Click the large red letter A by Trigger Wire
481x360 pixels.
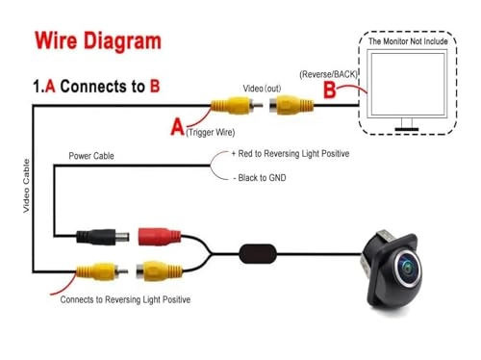pyautogui.click(x=176, y=124)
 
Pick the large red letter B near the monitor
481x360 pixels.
pyautogui.click(x=330, y=90)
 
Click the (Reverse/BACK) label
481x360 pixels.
pyautogui.click(x=329, y=73)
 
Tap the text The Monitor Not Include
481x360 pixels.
pyautogui.click(x=415, y=40)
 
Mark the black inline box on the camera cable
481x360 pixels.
pyautogui.click(x=259, y=254)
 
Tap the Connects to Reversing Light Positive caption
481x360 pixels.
pyautogui.click(x=125, y=299)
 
